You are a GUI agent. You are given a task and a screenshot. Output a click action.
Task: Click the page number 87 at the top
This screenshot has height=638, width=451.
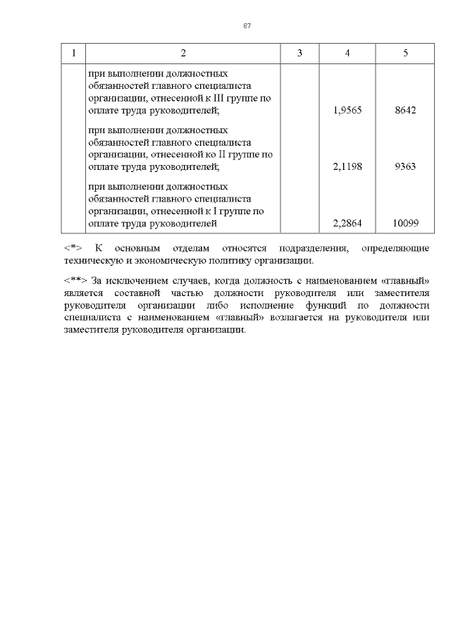point(247,25)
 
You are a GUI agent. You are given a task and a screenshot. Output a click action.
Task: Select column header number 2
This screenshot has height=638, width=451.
point(183,54)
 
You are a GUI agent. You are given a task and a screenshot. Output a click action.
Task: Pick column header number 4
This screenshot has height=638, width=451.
point(347,54)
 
